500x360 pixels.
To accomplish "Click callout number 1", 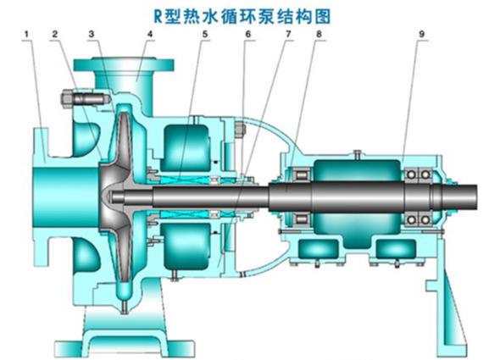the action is pos(26,34).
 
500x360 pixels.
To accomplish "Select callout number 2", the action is pos(55,34).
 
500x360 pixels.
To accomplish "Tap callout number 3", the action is pos(92,34).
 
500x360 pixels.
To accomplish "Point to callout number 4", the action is pos(150,34).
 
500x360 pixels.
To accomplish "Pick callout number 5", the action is pos(205,34).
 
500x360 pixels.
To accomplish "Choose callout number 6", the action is pos(248,34).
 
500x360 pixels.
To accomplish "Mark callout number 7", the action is pos(288,34).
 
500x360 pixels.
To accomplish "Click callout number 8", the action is pos(319,34).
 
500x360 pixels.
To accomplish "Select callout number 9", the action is pos(421,34).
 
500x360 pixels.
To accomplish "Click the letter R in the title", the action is pos(158,16).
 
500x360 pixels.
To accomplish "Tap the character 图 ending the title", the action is pos(322,16).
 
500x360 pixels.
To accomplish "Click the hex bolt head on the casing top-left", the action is pos(67,99).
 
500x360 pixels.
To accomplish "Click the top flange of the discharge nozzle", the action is pos(124,64).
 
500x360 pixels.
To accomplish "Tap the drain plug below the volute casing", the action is pos(125,307).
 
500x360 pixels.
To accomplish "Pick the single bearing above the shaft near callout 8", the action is pos(302,174).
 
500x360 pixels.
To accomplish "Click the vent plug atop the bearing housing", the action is pos(358,153).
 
